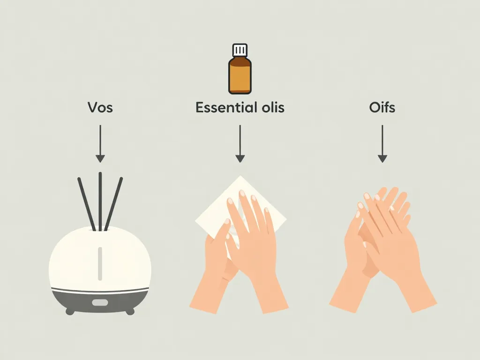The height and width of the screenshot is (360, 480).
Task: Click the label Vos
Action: [100, 107]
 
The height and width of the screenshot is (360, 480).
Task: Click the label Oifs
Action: [382, 107]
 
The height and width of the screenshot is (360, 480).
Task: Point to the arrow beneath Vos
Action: [100, 143]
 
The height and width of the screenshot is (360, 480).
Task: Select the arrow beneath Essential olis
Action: [240, 143]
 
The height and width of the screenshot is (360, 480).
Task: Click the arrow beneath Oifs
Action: [382, 143]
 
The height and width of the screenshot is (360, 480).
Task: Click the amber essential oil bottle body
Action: [240, 75]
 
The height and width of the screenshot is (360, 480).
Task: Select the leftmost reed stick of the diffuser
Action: [86, 204]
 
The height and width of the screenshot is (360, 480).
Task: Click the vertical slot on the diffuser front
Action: [100, 263]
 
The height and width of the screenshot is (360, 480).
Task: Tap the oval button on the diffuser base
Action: [100, 302]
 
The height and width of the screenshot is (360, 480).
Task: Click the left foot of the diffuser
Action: [70, 311]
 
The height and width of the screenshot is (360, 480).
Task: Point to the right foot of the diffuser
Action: [130, 311]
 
